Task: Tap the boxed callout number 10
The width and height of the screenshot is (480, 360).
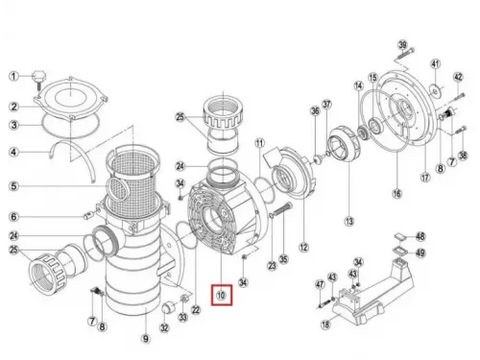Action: pyautogui.click(x=222, y=297)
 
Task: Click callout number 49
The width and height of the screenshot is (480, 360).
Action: pyautogui.click(x=420, y=253)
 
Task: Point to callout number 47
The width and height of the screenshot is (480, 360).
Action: pyautogui.click(x=320, y=284)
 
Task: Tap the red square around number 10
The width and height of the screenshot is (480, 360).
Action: pyautogui.click(x=222, y=297)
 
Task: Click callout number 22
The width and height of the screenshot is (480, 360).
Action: pyautogui.click(x=196, y=309)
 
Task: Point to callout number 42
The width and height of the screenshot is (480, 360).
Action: pyautogui.click(x=458, y=77)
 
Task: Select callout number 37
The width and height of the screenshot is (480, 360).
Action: pyautogui.click(x=326, y=104)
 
